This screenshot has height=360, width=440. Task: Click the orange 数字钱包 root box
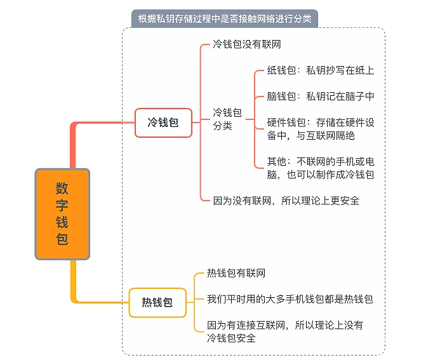pos(62,214)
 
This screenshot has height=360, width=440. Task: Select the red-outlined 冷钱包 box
pos(163,123)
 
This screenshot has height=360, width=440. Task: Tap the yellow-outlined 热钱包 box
pos(157,302)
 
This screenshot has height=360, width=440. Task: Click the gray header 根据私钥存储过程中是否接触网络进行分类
pos(225,19)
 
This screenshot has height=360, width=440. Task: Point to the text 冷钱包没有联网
pos(246,44)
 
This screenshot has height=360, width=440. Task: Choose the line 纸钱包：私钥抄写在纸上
pos(321,70)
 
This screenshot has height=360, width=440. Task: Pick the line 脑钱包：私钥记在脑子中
pos(321,97)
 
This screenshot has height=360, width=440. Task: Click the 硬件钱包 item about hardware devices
pos(321,129)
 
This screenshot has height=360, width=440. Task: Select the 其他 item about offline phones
pos(321,168)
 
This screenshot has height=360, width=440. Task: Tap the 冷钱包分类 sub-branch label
pos(227,119)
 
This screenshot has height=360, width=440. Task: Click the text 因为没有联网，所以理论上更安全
pos(286,201)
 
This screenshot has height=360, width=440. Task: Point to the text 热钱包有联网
pos(236,273)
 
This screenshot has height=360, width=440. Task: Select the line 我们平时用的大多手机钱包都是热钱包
pos(290,299)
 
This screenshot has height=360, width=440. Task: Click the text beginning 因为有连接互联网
pos(285,331)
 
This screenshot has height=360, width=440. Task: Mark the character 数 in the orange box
pos(62,188)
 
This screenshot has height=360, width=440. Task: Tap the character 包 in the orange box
pos(62,239)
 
